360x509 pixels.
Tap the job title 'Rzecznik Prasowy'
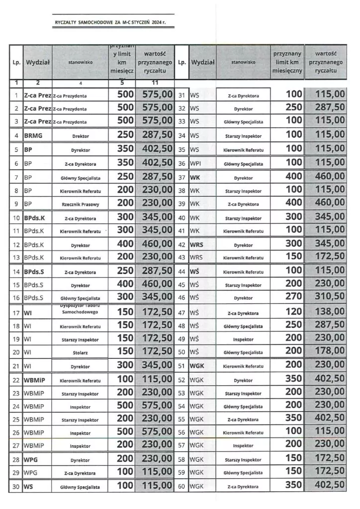click(80, 204)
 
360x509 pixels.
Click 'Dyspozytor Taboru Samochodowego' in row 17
click(80, 310)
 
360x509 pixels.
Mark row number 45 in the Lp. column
click(181, 285)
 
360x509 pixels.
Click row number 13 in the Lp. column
click(16, 257)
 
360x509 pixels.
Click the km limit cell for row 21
click(125, 366)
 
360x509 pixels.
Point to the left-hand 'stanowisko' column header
click(80, 63)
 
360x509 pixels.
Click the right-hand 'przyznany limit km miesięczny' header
click(287, 62)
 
